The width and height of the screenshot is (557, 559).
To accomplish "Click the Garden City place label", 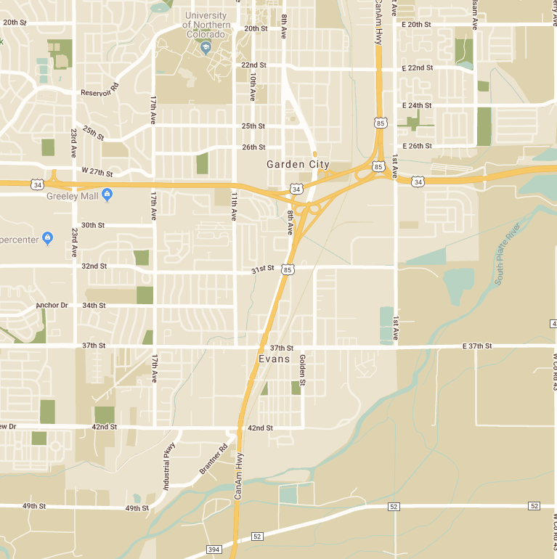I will pos(298,165).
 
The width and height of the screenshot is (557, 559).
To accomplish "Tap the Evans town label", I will pos(275,359).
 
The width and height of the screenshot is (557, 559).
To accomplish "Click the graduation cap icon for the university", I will pos(206,48).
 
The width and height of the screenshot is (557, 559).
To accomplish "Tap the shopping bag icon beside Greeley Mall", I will pos(107,194).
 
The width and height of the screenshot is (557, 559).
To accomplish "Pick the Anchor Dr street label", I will pos(52,306).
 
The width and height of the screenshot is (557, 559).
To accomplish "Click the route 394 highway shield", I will pos(214,550).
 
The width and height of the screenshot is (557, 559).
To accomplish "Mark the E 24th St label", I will pos(417,105).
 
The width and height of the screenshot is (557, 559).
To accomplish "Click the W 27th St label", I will pos(97,172).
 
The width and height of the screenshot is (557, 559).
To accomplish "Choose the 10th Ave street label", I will pos(253,86).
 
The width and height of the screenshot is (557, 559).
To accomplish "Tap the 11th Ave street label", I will pos(234,206).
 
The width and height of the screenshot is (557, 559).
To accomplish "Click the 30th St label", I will pos(93,225).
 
